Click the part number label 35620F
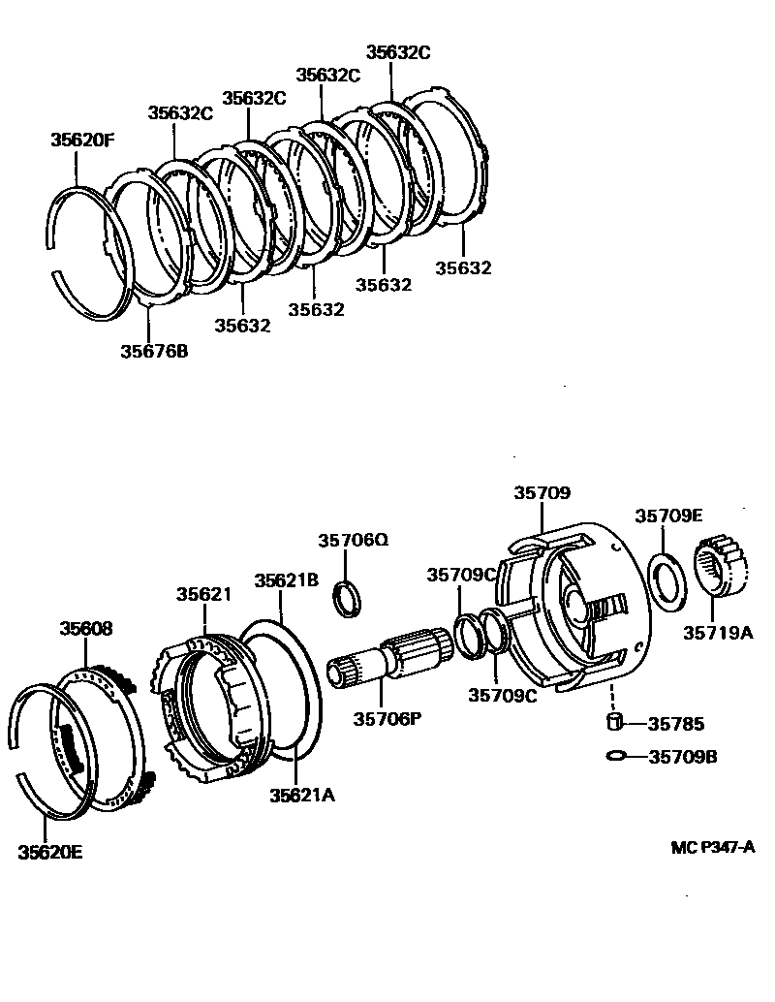tap(82, 140)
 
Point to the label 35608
tap(85, 628)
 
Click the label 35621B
tap(286, 580)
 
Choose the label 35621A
tap(302, 795)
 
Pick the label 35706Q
tap(353, 540)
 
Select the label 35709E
tap(668, 516)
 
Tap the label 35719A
tap(718, 633)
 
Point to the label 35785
tap(676, 723)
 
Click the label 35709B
tap(682, 757)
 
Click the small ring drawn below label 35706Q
tap(348, 598)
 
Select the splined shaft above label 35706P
tap(392, 659)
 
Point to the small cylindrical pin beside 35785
tap(612, 722)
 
